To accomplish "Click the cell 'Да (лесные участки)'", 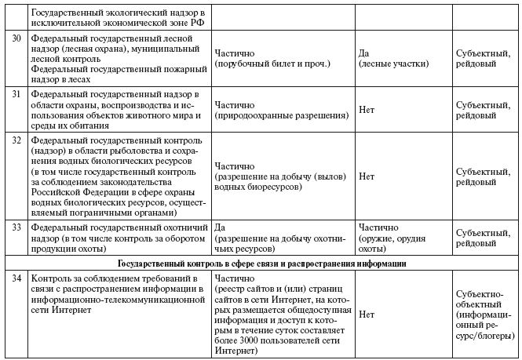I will pos(393,57).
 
